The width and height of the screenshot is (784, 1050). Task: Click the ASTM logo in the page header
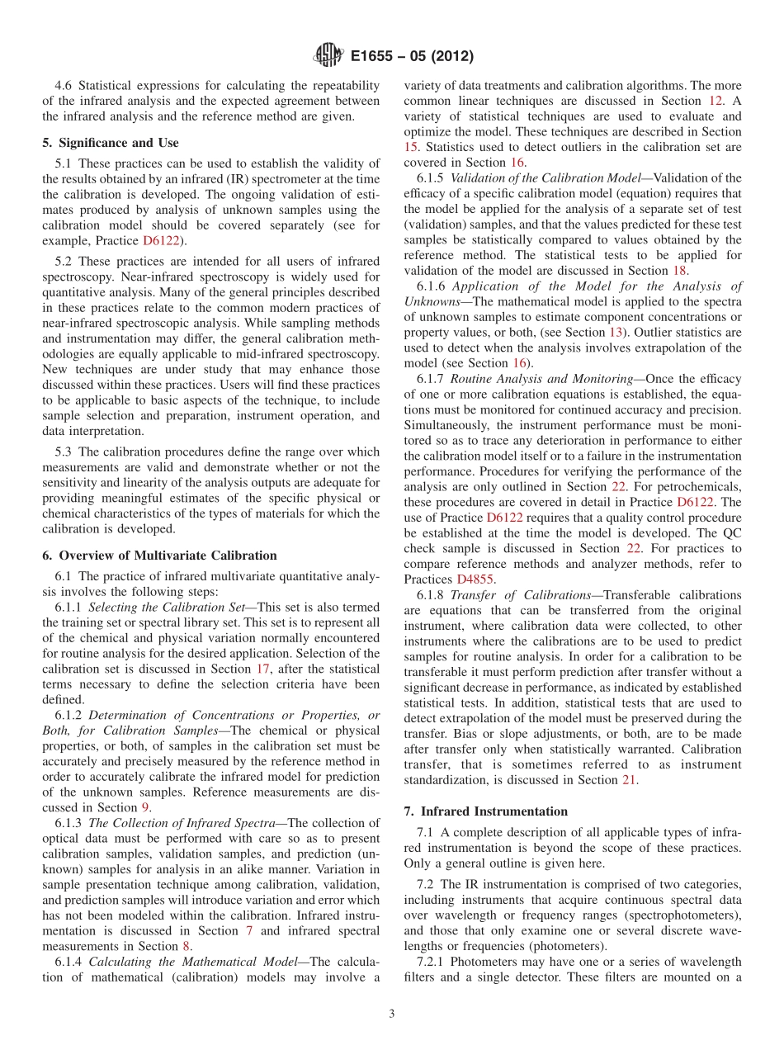[328, 57]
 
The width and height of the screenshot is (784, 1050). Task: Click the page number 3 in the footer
[391, 1015]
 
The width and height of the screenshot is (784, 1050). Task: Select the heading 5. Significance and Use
[110, 143]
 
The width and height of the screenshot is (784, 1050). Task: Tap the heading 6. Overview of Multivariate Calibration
[159, 556]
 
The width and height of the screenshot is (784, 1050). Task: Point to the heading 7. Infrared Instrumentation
[485, 811]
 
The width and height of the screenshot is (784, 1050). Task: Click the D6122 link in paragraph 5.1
[164, 241]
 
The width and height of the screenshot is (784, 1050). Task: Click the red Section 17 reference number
[262, 669]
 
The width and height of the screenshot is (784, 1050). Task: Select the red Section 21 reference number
[629, 780]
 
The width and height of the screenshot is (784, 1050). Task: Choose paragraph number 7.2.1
[432, 962]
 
